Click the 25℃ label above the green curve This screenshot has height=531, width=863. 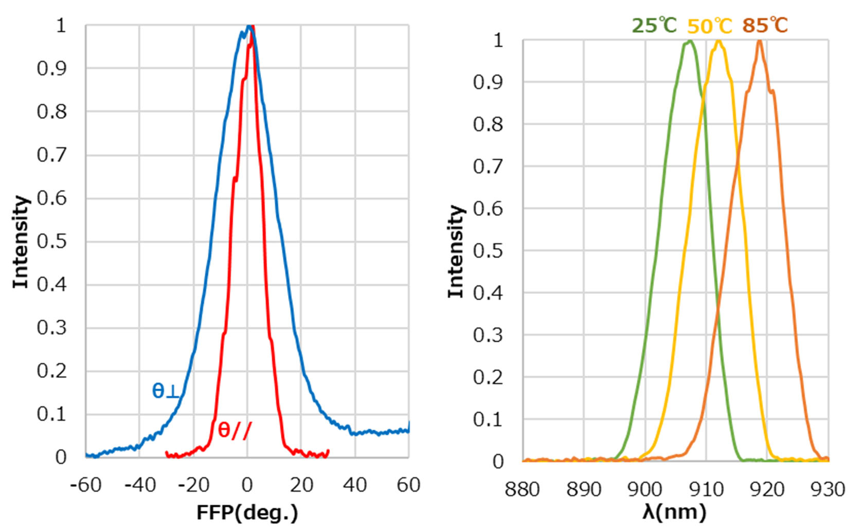[654, 25]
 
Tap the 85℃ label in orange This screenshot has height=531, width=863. [765, 25]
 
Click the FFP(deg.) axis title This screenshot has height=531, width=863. [247, 512]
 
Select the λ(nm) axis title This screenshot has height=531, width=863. [674, 512]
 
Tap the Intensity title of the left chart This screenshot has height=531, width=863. [21, 242]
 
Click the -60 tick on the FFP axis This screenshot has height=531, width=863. [86, 485]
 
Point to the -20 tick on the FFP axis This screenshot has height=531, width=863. [193, 485]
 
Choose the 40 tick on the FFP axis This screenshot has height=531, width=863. [355, 485]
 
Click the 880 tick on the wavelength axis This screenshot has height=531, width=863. [523, 489]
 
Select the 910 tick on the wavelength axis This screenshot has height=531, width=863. [706, 489]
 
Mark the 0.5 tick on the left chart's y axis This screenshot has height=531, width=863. [52, 241]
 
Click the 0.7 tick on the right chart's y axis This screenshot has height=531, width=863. [488, 167]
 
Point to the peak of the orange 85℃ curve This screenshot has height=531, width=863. [759, 41]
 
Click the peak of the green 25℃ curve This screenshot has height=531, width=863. [689, 42]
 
